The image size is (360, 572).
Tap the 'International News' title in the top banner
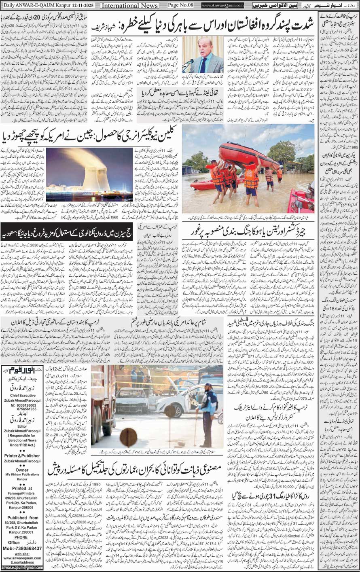pos(129,5)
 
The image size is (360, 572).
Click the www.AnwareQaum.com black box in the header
pos(222,5)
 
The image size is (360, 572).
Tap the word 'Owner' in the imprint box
pos(22,470)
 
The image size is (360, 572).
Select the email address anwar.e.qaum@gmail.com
pos(22,567)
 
